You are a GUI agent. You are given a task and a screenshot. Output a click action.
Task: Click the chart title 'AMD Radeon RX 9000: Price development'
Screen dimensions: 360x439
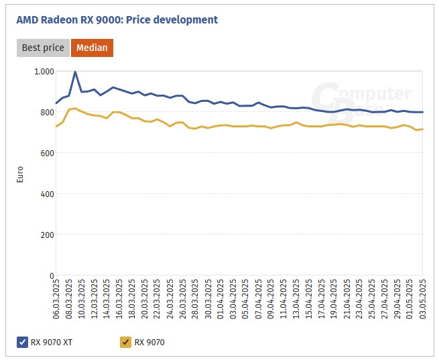click(x=117, y=20)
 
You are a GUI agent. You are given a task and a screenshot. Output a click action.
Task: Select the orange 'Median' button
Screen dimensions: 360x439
click(x=92, y=48)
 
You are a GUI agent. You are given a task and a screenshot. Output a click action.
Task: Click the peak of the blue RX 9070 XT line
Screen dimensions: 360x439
click(x=75, y=72)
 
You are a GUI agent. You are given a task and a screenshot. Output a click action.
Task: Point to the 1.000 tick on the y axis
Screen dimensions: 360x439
click(x=44, y=71)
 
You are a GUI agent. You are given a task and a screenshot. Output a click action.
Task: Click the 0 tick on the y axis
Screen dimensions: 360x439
click(x=52, y=276)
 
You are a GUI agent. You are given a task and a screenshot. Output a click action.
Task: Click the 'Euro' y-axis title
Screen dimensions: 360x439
click(x=20, y=174)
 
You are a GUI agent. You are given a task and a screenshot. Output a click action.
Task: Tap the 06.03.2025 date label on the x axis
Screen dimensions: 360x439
click(x=57, y=300)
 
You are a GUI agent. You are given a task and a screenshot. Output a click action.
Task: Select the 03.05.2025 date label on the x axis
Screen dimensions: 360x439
click(x=423, y=300)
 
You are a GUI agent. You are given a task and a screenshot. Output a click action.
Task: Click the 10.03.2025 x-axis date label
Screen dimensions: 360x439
click(x=82, y=300)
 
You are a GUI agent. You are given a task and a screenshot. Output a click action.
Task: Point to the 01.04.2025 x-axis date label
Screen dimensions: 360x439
click(x=221, y=300)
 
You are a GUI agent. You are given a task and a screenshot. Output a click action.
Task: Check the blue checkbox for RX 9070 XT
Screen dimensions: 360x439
click(x=22, y=343)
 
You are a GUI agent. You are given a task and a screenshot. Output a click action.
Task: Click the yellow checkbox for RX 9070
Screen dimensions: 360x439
click(x=125, y=343)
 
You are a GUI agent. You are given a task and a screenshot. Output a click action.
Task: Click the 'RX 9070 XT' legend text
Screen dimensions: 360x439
click(x=51, y=343)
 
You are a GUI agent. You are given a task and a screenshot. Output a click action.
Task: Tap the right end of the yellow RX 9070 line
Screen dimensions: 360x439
click(x=423, y=129)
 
